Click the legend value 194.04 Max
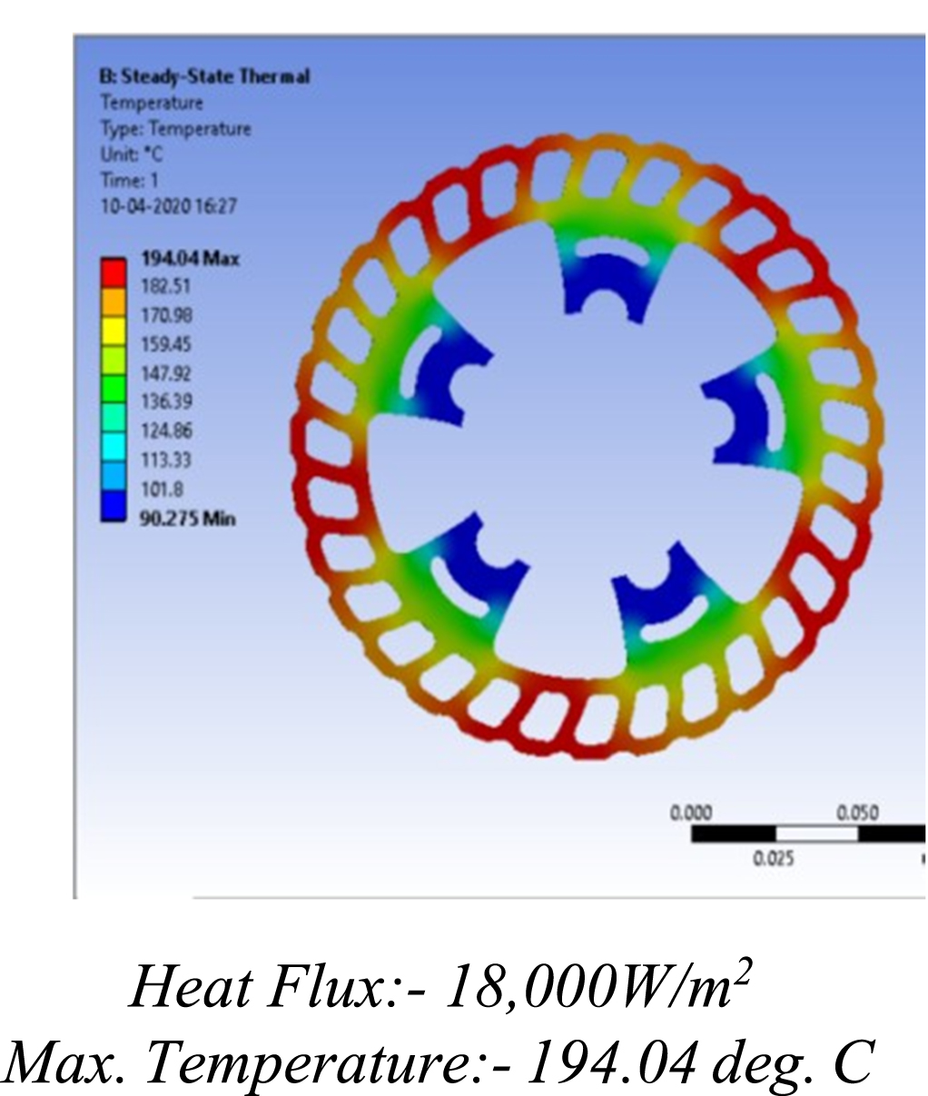[x=190, y=259]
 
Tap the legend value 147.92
[x=166, y=373]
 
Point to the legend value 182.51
[x=166, y=287]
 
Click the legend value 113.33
[x=166, y=459]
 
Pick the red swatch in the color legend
[x=114, y=272]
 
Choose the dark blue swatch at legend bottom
[x=114, y=505]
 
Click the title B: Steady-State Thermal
[x=204, y=76]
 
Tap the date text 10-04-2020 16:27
[x=168, y=206]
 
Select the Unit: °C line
[x=132, y=154]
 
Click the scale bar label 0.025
[x=773, y=858]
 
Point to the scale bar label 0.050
[x=856, y=813]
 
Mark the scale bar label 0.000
[x=691, y=813]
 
